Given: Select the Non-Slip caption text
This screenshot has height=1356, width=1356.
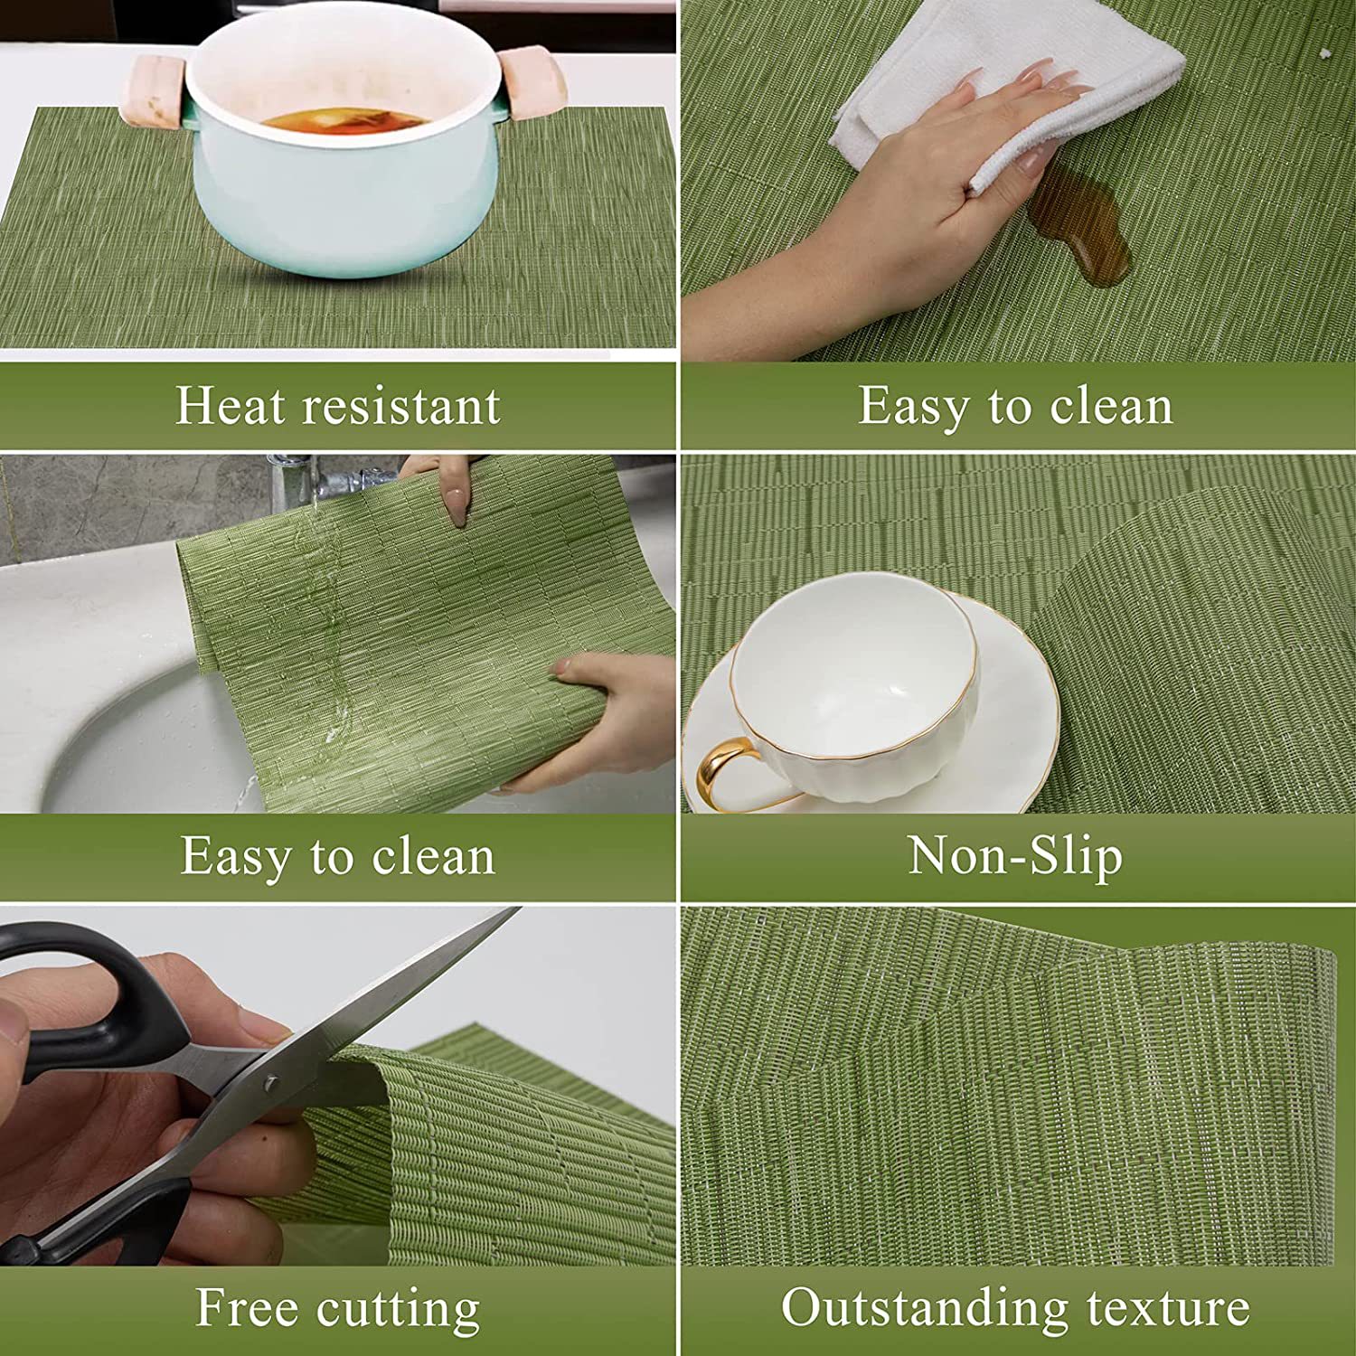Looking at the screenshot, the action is click(1015, 856).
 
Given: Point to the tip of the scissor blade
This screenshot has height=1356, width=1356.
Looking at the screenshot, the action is click(519, 909).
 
